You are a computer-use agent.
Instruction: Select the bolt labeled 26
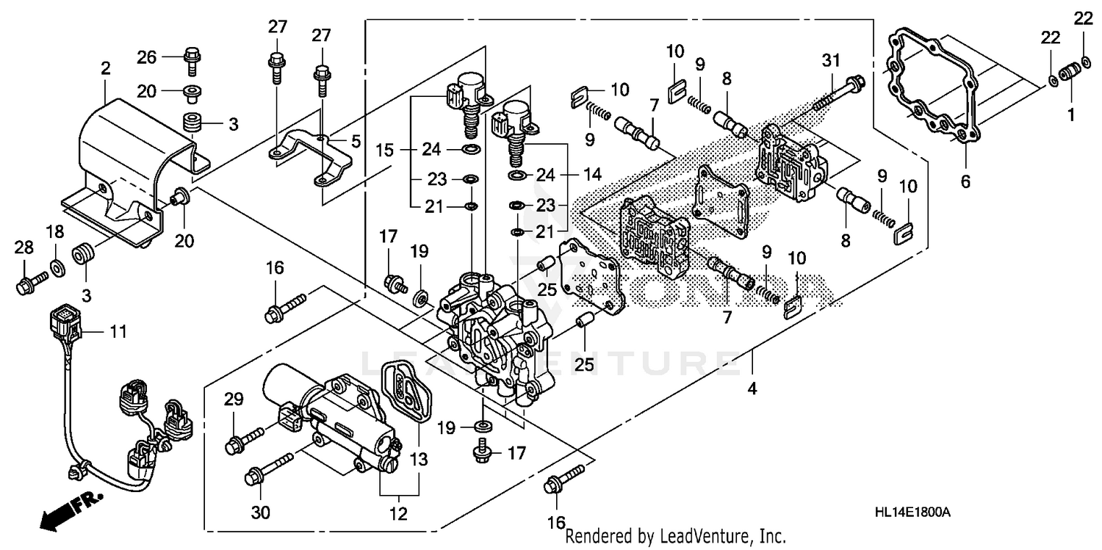click(190, 59)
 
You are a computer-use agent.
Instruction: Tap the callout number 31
click(831, 62)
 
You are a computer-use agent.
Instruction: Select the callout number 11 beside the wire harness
click(118, 333)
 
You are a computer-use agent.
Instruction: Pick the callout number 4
click(752, 389)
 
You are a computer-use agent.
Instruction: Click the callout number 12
click(399, 515)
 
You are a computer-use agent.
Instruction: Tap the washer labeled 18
click(57, 264)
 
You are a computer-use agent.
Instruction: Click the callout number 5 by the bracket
click(355, 141)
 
